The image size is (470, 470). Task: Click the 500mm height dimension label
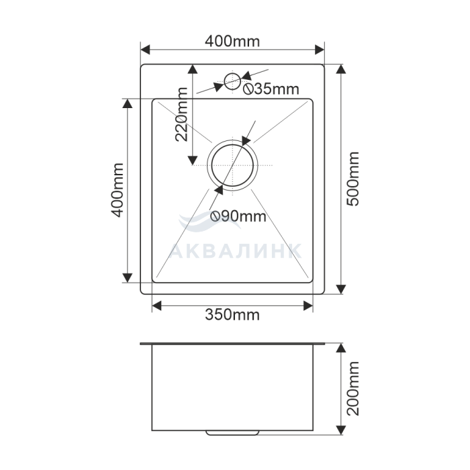(352, 179)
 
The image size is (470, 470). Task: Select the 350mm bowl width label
(232, 315)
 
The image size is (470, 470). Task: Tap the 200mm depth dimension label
(352, 389)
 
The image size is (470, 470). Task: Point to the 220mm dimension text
(182, 114)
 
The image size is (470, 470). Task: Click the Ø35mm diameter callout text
(271, 89)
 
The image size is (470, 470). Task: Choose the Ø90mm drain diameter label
(238, 216)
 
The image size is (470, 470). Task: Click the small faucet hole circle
(232, 81)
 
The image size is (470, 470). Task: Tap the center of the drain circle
(232, 165)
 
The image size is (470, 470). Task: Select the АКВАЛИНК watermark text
(235, 251)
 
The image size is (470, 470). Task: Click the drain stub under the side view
(232, 433)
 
